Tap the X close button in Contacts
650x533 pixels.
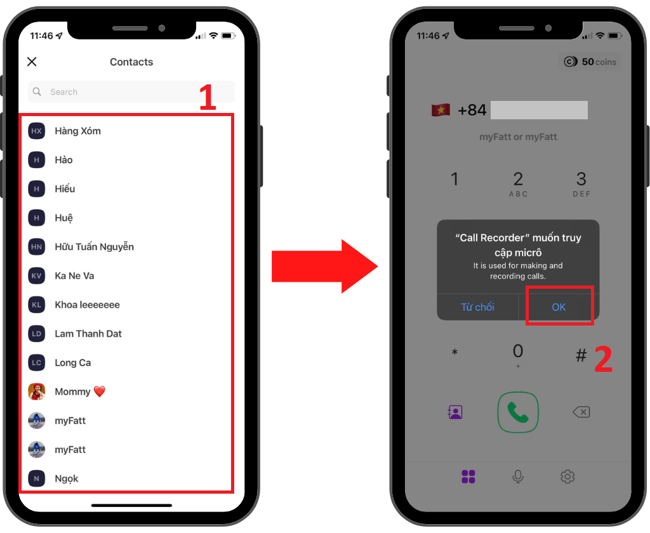pyautogui.click(x=32, y=62)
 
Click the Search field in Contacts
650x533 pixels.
pyautogui.click(x=131, y=91)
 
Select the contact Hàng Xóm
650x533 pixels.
pyautogui.click(x=77, y=131)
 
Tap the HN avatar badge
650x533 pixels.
pyautogui.click(x=36, y=247)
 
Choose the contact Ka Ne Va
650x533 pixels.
pyautogui.click(x=74, y=276)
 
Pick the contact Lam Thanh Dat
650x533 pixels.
pyautogui.click(x=88, y=334)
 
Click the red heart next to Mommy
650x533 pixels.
pyautogui.click(x=100, y=392)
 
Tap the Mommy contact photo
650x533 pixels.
pyautogui.click(x=36, y=392)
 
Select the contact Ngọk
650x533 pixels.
pyautogui.click(x=66, y=478)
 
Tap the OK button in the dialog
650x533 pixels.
pyautogui.click(x=559, y=307)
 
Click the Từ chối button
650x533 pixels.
pyautogui.click(x=477, y=307)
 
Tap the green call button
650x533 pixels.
pyautogui.click(x=518, y=412)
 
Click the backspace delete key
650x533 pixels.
pyautogui.click(x=581, y=412)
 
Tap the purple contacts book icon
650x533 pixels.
pyautogui.click(x=455, y=412)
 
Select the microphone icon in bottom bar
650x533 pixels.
pyautogui.click(x=518, y=477)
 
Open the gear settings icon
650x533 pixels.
pyautogui.click(x=567, y=477)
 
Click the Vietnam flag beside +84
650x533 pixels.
pyautogui.click(x=441, y=110)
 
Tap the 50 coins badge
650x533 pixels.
pyautogui.click(x=590, y=62)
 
